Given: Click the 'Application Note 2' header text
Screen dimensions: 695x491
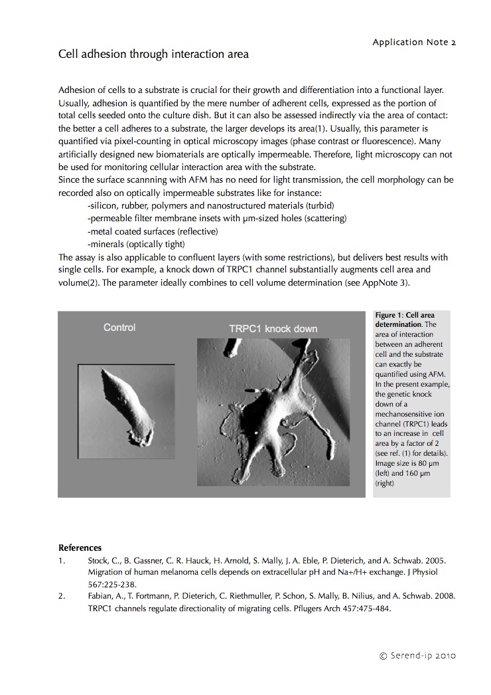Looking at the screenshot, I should [414, 42].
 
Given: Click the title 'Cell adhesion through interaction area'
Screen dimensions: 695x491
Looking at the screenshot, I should [153, 54].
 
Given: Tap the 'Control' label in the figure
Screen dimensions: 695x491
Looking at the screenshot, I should [119, 327].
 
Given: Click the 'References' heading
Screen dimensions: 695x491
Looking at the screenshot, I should [80, 548].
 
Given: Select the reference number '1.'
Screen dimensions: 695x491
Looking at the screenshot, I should [62, 560].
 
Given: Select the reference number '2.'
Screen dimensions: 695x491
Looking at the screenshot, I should [62, 596].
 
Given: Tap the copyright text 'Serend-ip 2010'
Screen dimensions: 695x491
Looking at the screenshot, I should [417, 656].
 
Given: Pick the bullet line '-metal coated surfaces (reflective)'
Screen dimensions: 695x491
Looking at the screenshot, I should [152, 231].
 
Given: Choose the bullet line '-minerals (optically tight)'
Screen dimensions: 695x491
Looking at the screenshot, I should [137, 244].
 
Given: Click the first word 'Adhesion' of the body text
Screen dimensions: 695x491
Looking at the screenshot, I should [76, 89].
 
